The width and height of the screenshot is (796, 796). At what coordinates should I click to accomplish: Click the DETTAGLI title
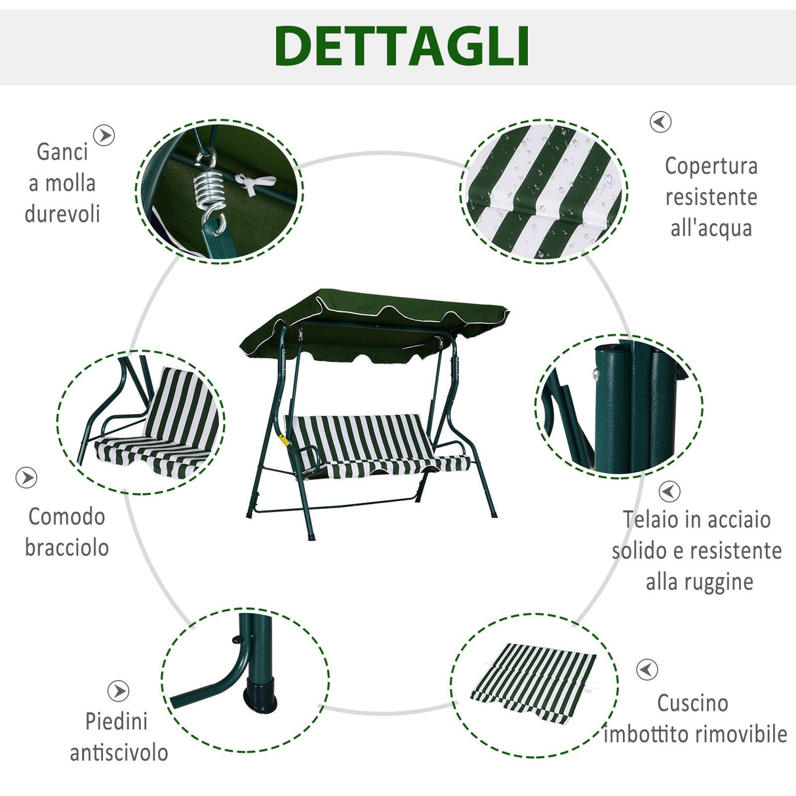coord(402,46)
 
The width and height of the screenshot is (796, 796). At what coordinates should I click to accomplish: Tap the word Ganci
coord(62,151)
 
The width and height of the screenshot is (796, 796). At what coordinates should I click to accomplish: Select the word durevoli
coord(62,214)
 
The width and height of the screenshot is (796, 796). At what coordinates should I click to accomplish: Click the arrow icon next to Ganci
coord(104,136)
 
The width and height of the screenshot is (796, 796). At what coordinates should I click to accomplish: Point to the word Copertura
coord(711,166)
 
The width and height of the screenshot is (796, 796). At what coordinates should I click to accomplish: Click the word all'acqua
coord(711,228)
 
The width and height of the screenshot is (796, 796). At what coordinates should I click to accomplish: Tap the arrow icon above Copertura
coord(660,122)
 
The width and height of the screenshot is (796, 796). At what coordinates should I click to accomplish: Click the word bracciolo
coord(67,547)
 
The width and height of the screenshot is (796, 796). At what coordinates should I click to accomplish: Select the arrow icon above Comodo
coord(26,478)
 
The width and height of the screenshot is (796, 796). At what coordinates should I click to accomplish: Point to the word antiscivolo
coord(119,753)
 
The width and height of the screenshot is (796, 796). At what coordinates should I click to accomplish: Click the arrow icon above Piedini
coord(118,690)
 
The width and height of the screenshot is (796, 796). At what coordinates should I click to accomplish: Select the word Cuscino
coord(692,703)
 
